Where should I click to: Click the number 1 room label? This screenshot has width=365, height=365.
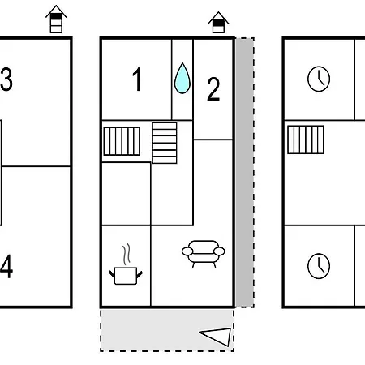137,79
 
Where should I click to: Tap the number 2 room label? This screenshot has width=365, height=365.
213,89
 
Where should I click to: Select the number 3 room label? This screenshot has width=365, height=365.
6,79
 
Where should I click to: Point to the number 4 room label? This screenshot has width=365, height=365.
6,266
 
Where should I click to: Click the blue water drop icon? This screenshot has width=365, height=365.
182,79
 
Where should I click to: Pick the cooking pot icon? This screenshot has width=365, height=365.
126,276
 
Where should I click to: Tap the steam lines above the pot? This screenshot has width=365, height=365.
127,254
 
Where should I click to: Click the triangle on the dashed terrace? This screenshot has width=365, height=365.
215,337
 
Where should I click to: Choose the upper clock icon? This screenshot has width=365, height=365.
319,79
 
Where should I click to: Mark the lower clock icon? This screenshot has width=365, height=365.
319,266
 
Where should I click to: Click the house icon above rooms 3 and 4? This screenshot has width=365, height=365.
56,19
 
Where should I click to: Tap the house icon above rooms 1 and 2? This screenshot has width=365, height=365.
218,23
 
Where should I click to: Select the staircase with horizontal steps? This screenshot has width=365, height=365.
165,143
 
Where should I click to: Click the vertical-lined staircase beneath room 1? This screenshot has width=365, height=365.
122,141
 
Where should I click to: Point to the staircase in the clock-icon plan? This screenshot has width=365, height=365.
306,140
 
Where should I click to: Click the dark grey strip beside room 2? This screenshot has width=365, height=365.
244,173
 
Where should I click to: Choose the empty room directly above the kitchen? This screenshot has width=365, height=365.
126,194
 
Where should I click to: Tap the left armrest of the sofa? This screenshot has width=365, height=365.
187,251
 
